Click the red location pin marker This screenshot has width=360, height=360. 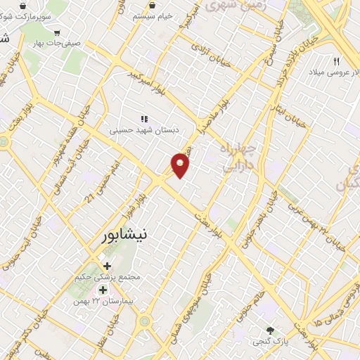point(181,165)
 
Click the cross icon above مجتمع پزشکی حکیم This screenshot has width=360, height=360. point(107,266)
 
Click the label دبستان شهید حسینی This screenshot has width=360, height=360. point(144,130)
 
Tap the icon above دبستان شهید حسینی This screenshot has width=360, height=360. point(144,119)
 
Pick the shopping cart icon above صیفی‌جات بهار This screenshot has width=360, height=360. point(57,32)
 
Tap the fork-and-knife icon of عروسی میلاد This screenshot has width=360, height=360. point(336,61)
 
